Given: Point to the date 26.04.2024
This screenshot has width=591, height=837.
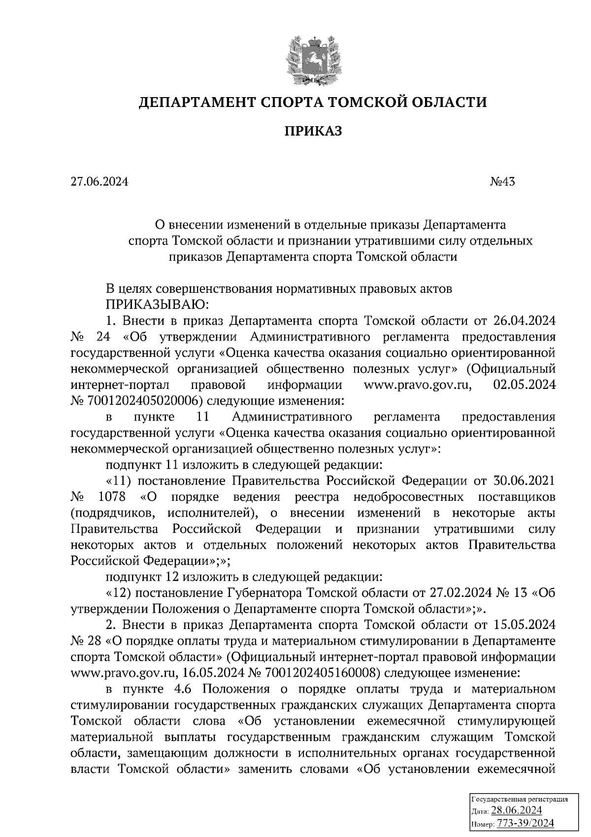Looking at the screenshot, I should [x=524, y=321].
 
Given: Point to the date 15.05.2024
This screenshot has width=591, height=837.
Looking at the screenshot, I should [x=524, y=625].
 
